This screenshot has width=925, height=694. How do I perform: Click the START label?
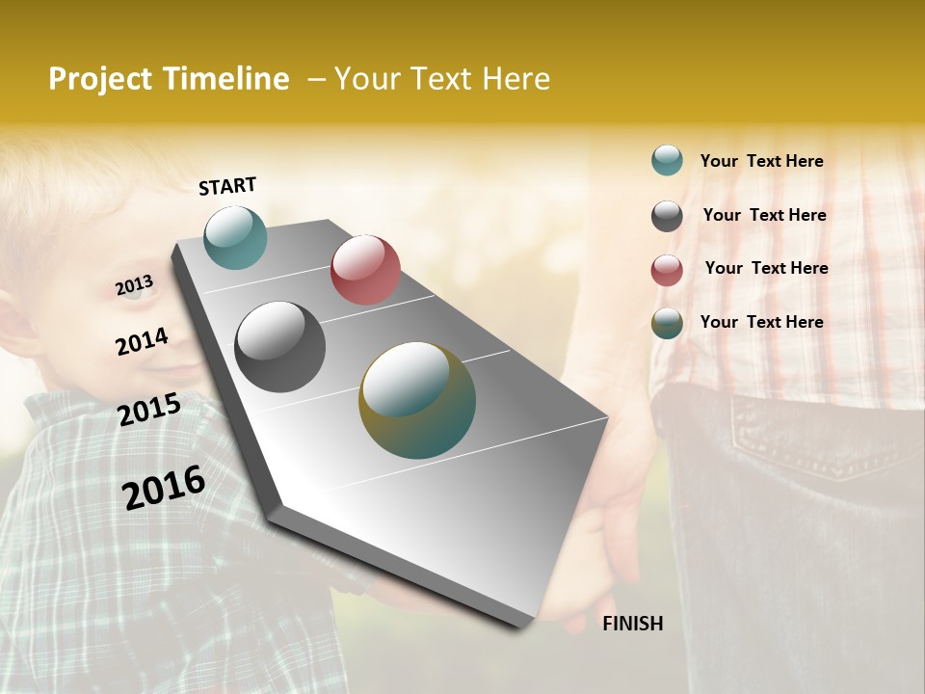[227, 186]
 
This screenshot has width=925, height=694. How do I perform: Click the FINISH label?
[632, 624]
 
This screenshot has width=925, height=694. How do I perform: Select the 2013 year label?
[134, 285]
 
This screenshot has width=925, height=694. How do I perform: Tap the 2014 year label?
[142, 341]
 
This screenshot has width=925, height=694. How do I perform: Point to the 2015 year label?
[148, 410]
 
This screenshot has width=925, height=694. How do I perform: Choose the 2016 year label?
[164, 488]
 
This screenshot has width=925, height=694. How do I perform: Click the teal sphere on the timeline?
[235, 237]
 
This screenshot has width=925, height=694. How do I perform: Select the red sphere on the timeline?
[365, 270]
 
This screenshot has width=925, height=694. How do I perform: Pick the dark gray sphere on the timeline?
[280, 347]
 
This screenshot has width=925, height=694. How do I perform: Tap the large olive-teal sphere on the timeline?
[417, 400]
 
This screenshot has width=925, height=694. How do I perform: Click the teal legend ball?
[667, 161]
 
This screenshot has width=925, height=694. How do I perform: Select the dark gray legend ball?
[667, 216]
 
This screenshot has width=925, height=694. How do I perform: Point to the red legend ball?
[667, 270]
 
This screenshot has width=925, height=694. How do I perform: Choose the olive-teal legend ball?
[667, 323]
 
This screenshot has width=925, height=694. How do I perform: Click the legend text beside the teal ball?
[761, 161]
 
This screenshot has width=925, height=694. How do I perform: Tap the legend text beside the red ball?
[766, 268]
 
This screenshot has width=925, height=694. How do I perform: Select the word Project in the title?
[101, 79]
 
